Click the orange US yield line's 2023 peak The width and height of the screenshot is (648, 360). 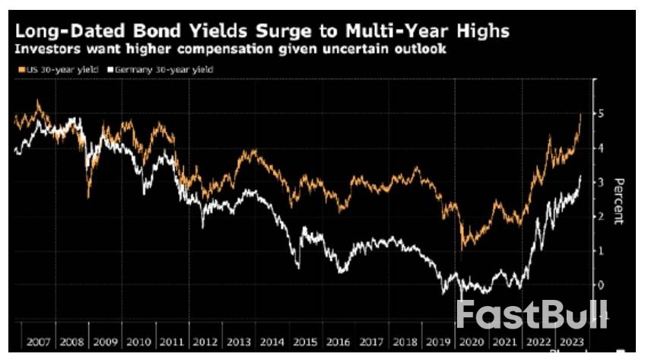coord(581,114)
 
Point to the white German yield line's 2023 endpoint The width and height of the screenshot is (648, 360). coord(581,176)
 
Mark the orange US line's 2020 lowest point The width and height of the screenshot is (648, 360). coord(462,247)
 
